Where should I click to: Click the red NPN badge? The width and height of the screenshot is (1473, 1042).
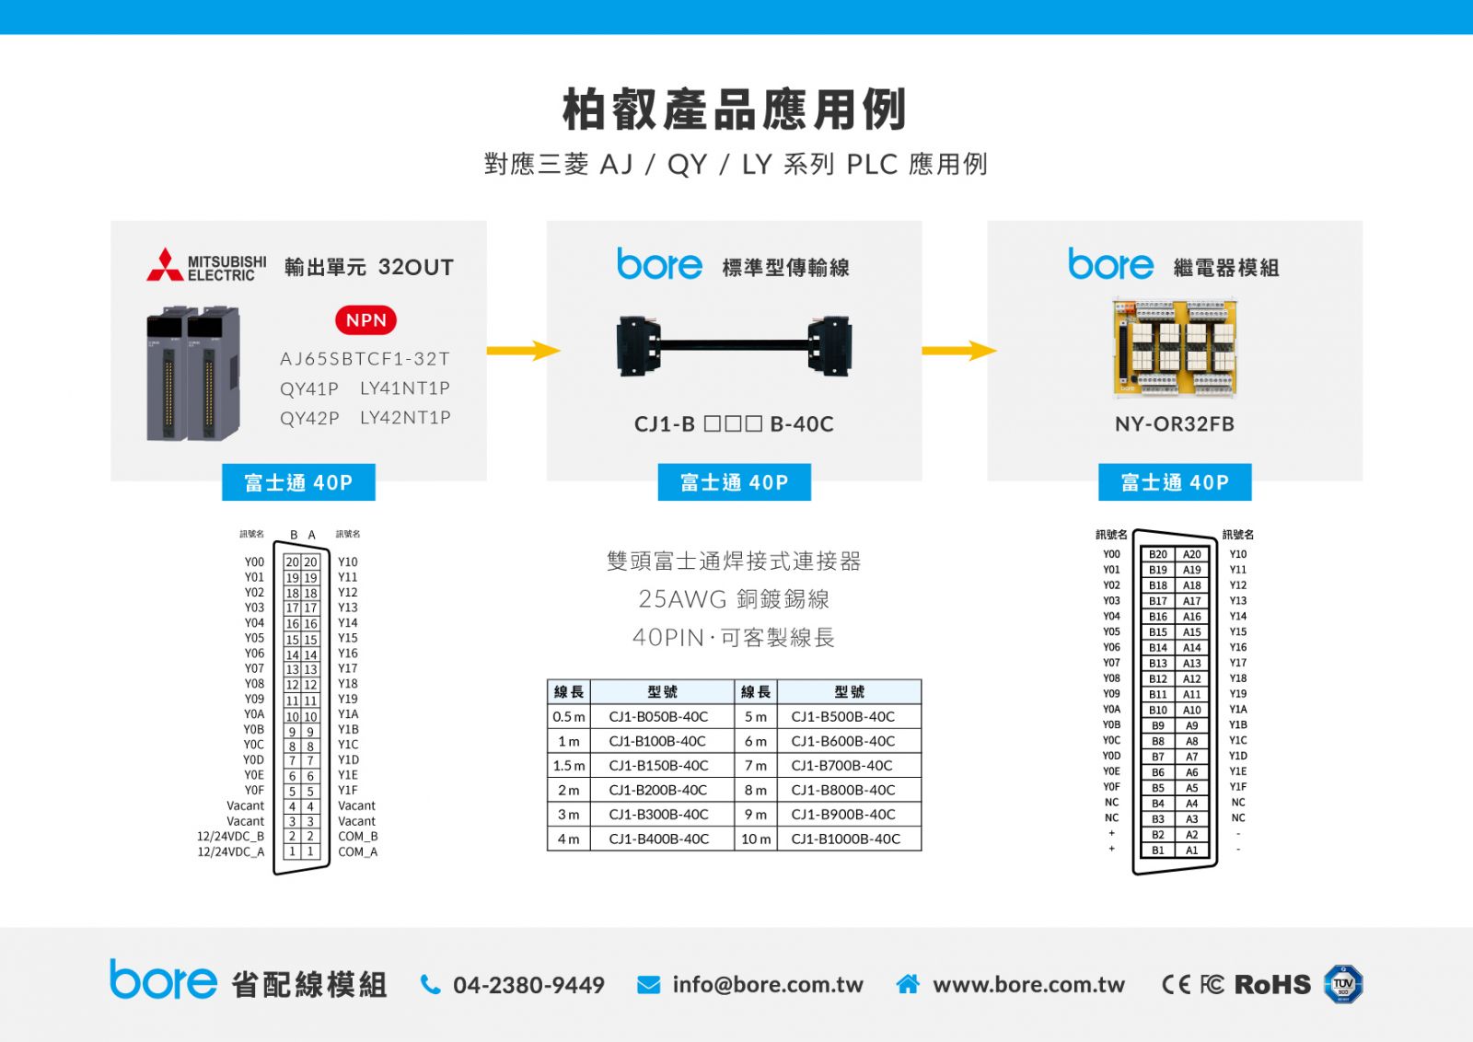pos(366,320)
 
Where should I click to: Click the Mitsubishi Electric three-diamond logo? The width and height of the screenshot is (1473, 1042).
pos(165,264)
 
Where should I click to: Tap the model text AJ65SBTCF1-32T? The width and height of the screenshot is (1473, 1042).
pos(365,359)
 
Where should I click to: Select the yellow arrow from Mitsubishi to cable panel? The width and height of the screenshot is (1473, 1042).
pos(524,351)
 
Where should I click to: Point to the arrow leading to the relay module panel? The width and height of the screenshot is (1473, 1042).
pos(959,351)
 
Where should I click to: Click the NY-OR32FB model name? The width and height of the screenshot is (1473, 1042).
pos(1175,424)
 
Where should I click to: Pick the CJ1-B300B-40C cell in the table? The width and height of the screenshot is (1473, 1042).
pos(659,815)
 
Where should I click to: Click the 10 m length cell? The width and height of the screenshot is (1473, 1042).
pos(756,839)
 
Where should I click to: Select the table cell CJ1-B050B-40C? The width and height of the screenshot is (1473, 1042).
pos(659,716)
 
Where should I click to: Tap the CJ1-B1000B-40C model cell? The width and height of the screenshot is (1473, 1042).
pos(848,839)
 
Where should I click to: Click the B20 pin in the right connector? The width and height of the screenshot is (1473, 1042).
pos(1158,554)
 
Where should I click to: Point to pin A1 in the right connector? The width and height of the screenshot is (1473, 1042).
pos(1191,850)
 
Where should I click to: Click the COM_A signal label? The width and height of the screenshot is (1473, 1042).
pos(358,852)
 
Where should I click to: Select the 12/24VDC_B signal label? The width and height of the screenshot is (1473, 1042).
pos(231,836)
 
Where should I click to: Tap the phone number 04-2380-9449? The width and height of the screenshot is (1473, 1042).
pos(528,985)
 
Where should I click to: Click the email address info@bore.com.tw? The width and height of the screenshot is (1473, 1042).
pos(768,985)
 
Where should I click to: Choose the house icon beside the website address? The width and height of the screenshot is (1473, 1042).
pos(908,984)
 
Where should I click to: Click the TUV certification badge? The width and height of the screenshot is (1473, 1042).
pos(1343,984)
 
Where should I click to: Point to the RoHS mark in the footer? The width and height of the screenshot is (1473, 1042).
pos(1272,985)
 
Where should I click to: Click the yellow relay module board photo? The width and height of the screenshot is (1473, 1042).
pos(1175,349)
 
